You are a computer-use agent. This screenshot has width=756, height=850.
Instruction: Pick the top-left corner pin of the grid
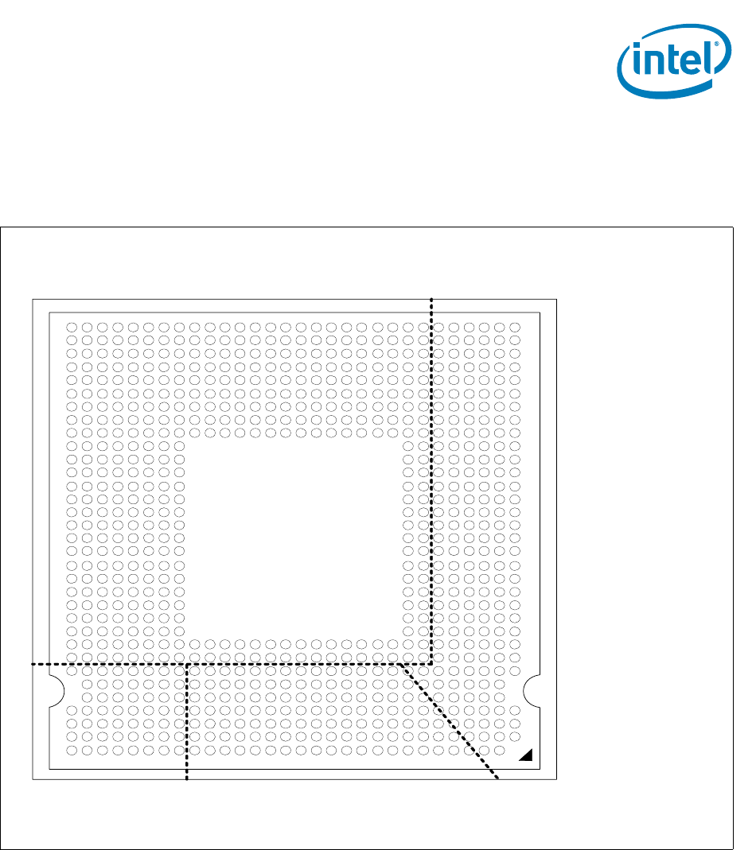[x=71, y=327]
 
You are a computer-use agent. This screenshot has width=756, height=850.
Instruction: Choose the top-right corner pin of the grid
[x=515, y=327]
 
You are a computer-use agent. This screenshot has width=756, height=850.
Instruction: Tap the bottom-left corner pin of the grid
[x=71, y=750]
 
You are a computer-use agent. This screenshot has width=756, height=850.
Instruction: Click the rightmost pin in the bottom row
[x=500, y=750]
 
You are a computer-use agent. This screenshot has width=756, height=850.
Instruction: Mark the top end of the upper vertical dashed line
[x=431, y=298]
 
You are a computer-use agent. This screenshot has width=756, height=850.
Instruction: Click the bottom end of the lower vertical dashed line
[x=187, y=779]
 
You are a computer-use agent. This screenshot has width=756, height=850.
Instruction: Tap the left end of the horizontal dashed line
[x=33, y=663]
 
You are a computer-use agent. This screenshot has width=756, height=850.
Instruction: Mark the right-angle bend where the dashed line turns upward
[x=431, y=663]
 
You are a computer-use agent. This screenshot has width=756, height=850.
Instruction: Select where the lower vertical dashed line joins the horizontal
[x=187, y=663]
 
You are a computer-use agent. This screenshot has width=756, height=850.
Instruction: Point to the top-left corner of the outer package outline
[x=33, y=300]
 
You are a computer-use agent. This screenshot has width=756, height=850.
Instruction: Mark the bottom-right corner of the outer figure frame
[x=732, y=848]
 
